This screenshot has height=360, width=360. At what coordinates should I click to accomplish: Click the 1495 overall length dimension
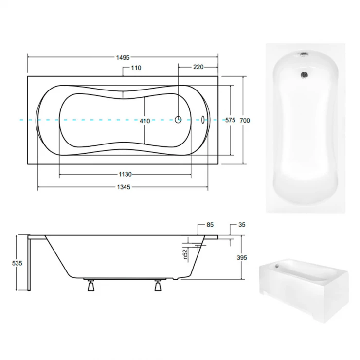[123, 57]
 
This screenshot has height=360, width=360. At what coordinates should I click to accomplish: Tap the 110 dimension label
[136, 68]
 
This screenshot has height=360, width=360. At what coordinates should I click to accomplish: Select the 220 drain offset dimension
[198, 67]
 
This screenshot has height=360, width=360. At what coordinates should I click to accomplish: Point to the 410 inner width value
[144, 121]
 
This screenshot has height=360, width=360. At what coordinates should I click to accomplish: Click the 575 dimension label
[230, 120]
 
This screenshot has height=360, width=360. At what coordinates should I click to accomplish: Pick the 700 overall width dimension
[245, 121]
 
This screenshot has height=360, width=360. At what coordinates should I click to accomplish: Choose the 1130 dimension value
[125, 175]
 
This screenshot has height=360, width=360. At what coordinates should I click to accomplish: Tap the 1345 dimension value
[124, 187]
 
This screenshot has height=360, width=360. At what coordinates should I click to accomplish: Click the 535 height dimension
[17, 263]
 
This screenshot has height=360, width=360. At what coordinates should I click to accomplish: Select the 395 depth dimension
[242, 258]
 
